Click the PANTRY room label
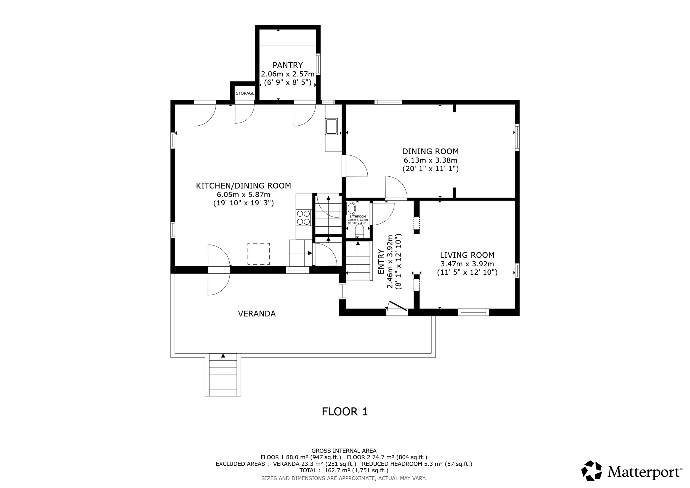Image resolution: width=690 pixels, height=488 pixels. coord(288,65)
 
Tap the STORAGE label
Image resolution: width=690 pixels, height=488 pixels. coord(245,93)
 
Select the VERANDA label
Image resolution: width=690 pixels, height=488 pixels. coord(257,314)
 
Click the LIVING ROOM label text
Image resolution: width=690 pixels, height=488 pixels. coord(467,255)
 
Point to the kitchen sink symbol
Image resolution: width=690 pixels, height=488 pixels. coord(331,126)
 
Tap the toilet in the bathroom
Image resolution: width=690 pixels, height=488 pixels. coord(359,231)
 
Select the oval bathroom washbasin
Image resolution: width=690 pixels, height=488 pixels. coord(351,208)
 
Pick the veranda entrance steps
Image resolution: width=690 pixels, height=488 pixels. coord(223,375)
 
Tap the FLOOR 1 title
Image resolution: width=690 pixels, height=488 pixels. coord(345,412)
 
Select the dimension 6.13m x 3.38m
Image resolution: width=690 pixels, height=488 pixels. coord(430,160)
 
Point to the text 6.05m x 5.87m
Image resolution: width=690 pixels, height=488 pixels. coord(243,195)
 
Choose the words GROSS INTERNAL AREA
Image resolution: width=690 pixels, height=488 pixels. coord(344,451)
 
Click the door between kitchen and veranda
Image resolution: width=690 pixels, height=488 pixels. coord(219,270)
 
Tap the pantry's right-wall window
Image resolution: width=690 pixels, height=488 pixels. coord(318,64)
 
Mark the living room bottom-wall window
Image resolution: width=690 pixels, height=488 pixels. coord(473,312)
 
